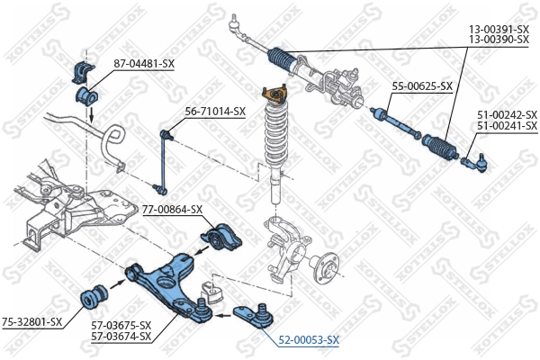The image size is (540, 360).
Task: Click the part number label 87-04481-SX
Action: click(x=144, y=64)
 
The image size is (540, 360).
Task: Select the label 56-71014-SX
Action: click(x=215, y=112)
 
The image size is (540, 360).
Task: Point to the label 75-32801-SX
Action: click(x=31, y=321)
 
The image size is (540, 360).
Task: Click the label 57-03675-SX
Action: click(x=120, y=325)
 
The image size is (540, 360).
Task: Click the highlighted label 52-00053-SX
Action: click(x=307, y=339)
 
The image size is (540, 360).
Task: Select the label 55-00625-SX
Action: click(x=422, y=86)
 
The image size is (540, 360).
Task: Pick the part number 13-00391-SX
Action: click(x=498, y=30)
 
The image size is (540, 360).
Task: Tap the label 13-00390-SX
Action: click(x=498, y=40)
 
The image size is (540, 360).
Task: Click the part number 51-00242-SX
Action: click(x=506, y=115)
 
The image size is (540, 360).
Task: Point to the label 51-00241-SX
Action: click(x=506, y=126)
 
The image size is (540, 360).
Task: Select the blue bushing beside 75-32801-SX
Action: click(x=94, y=294)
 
